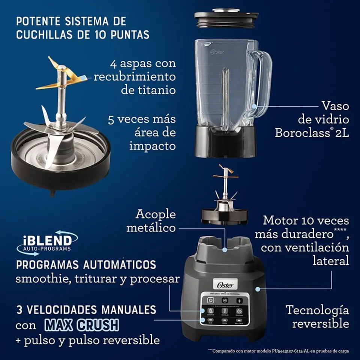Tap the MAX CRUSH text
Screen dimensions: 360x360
click(82, 325)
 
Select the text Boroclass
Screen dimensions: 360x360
click(303, 133)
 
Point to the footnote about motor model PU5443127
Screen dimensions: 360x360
click(279, 351)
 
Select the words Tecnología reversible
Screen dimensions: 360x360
click(317, 316)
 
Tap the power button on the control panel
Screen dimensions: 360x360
click(211, 300)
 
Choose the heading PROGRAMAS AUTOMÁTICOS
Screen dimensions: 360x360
click(86, 264)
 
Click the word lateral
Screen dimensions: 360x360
click(331, 261)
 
